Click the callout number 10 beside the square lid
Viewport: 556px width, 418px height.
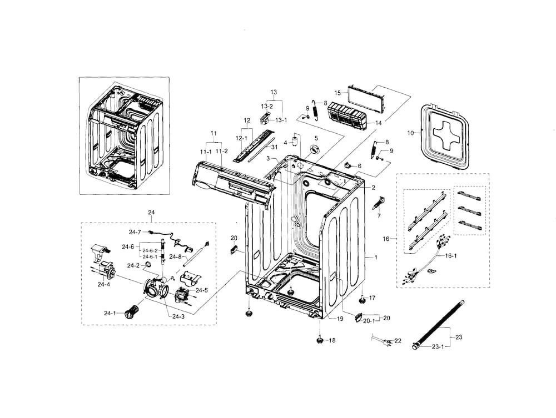411,133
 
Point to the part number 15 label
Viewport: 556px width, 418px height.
337,93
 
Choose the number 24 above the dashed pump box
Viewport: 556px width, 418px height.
151,213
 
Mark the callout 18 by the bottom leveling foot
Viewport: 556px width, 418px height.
332,340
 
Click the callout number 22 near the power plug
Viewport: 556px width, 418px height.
398,340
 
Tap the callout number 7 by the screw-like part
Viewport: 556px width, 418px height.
379,215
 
